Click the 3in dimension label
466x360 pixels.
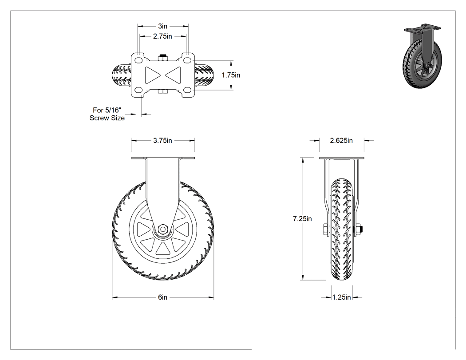click(162, 26)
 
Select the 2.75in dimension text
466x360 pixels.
click(162, 36)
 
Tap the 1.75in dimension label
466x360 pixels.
click(231, 75)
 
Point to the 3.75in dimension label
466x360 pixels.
click(162, 141)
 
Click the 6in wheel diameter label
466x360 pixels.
click(162, 297)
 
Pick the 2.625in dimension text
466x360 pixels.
click(341, 141)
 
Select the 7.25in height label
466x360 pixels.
click(302, 219)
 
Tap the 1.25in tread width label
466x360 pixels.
click(341, 297)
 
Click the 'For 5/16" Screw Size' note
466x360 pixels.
click(107, 114)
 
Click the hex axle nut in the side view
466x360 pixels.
click(162, 229)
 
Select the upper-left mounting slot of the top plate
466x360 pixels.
click(138, 60)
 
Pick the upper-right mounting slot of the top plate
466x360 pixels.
click(187, 60)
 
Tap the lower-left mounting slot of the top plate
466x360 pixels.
click(138, 90)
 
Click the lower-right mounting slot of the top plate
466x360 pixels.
click(187, 90)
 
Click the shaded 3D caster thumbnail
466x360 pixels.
click(423, 55)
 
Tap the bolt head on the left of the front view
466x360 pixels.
click(326, 230)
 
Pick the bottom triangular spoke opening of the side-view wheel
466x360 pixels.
click(162, 249)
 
